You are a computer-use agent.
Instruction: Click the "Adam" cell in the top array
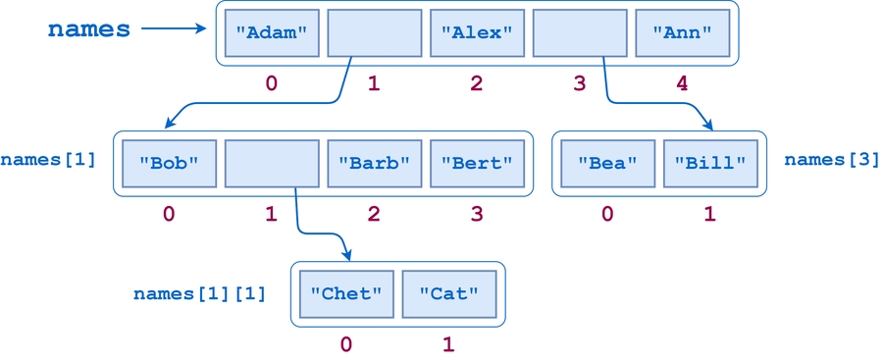click(x=272, y=32)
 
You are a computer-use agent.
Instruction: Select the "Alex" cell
click(x=477, y=32)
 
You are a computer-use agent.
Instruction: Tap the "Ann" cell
click(x=682, y=32)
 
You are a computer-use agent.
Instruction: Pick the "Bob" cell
click(x=169, y=163)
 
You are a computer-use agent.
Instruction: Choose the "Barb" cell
click(x=374, y=163)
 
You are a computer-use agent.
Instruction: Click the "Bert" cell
click(x=477, y=163)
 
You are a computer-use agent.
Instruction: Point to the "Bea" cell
click(x=607, y=163)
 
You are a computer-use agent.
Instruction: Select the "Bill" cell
click(x=709, y=163)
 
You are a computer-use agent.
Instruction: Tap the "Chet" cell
click(x=345, y=293)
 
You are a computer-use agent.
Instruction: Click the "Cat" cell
click(x=448, y=293)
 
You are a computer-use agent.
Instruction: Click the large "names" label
click(x=89, y=29)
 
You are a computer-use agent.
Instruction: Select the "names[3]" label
click(x=831, y=159)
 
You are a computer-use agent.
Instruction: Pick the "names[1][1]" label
click(x=199, y=293)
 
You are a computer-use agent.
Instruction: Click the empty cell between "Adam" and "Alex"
click(x=374, y=32)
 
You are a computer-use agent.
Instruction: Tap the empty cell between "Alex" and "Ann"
click(x=579, y=32)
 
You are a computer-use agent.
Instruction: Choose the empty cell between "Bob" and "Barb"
click(x=272, y=163)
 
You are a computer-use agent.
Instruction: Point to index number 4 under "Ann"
click(x=682, y=83)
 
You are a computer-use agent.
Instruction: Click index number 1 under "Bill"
click(x=709, y=214)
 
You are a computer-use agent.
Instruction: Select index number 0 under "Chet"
click(x=345, y=344)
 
